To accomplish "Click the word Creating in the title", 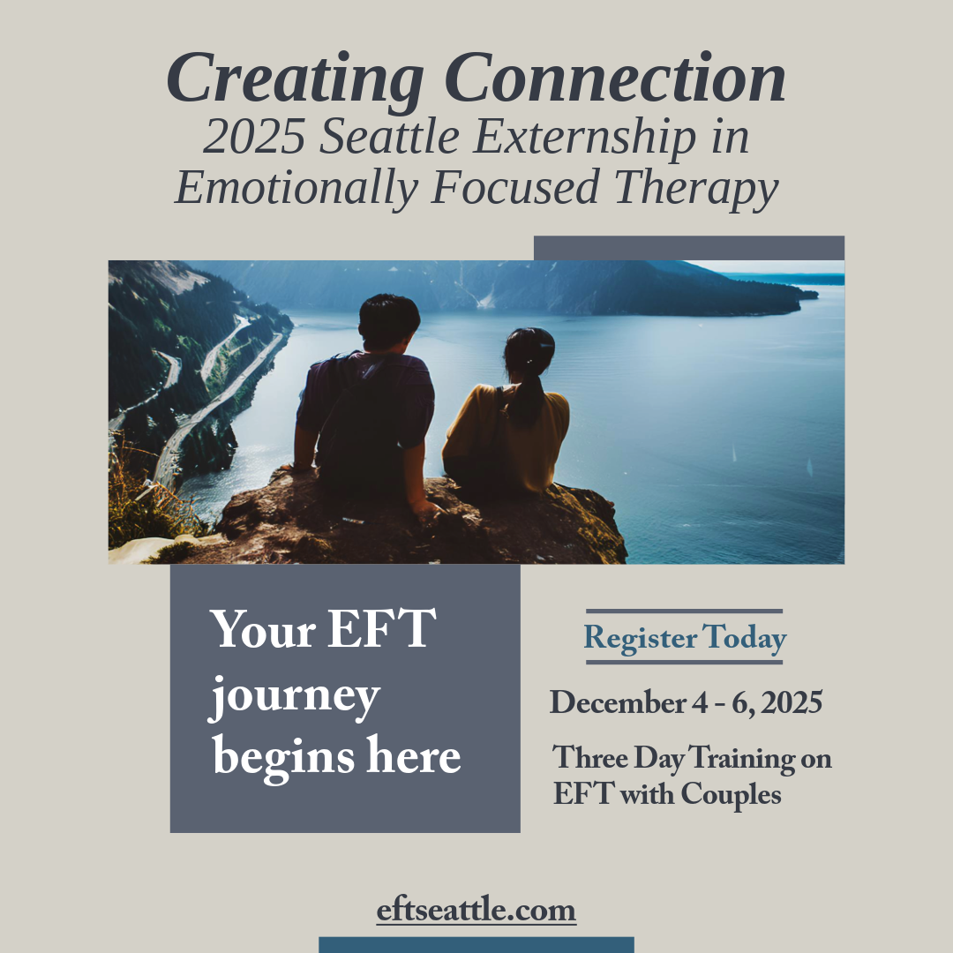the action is tap(296, 79).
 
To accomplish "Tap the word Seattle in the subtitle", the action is tap(390, 136).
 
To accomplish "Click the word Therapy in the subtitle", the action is tap(696, 189).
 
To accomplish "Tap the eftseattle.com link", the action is tap(476, 910).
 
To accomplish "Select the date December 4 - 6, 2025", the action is tap(687, 702).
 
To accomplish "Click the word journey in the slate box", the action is tap(295, 697).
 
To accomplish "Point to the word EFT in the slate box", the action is tap(382, 629).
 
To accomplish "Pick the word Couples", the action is tap(731, 794).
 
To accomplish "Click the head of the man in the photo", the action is tap(389, 321).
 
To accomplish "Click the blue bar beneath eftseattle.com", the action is tap(476, 945).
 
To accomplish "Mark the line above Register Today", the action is tap(685, 612).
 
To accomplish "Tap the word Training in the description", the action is tap(741, 759).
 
